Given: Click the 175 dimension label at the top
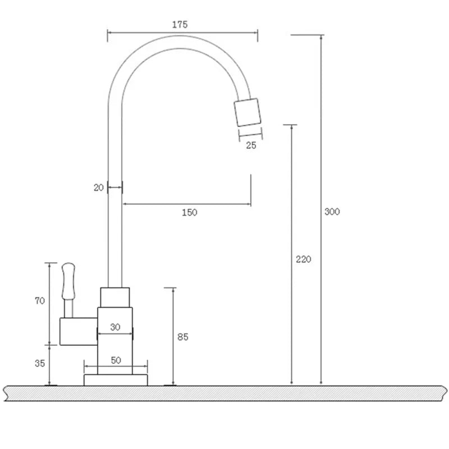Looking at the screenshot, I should click(x=180, y=25).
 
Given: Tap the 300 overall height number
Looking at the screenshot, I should click(x=332, y=212).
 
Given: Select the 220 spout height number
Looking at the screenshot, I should click(x=303, y=259).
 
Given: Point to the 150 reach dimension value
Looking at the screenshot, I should click(x=190, y=212).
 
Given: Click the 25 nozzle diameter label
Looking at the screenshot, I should click(x=251, y=145).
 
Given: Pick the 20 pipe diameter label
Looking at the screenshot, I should click(x=99, y=188).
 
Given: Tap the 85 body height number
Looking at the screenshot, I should click(x=183, y=337).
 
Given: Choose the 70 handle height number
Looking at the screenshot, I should click(x=40, y=301).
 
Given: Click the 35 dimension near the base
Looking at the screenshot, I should click(x=40, y=363).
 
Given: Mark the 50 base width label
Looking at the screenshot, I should click(x=116, y=360).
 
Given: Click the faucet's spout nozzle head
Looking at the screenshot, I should click(x=248, y=112).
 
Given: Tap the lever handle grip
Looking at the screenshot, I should click(x=68, y=281).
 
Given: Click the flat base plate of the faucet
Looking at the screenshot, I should click(x=116, y=380).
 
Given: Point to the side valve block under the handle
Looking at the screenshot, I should click(x=78, y=331).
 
